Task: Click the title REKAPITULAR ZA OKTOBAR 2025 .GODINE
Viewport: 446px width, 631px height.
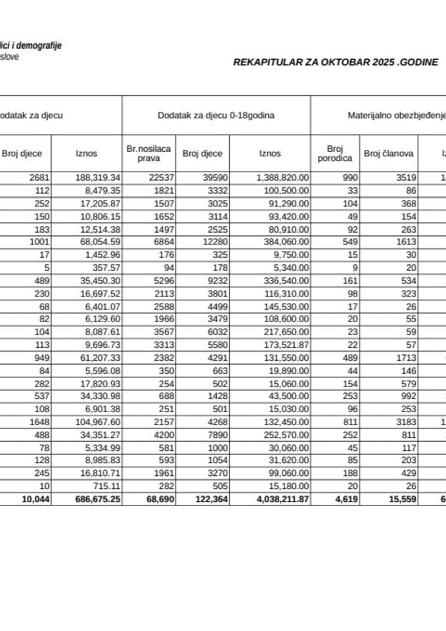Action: click(336, 62)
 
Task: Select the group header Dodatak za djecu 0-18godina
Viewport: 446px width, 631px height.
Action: click(216, 115)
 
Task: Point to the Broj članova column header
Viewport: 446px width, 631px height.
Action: click(388, 154)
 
